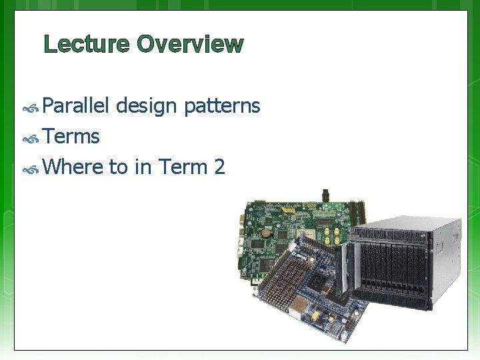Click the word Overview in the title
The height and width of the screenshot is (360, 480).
pos(190,45)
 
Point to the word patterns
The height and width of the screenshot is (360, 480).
pos(222,106)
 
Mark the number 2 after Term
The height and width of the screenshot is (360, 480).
pos(219,167)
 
